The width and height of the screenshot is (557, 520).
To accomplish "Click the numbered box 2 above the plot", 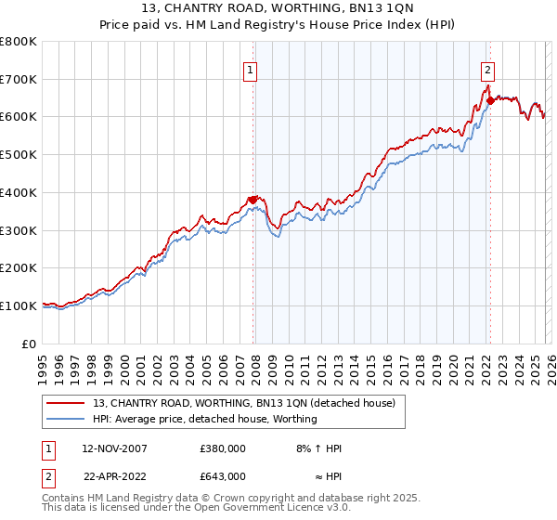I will pos(488,68).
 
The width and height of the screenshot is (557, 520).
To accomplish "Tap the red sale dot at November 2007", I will pos(253,199).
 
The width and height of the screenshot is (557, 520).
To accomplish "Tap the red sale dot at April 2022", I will pos(489,99).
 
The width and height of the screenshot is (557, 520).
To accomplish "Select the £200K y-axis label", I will pos(19,267).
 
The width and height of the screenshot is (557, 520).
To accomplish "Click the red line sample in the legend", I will pos(66,403).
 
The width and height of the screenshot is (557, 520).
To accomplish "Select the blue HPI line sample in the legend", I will pos(66,419).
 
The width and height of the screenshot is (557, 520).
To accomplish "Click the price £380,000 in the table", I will pos(222,448).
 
